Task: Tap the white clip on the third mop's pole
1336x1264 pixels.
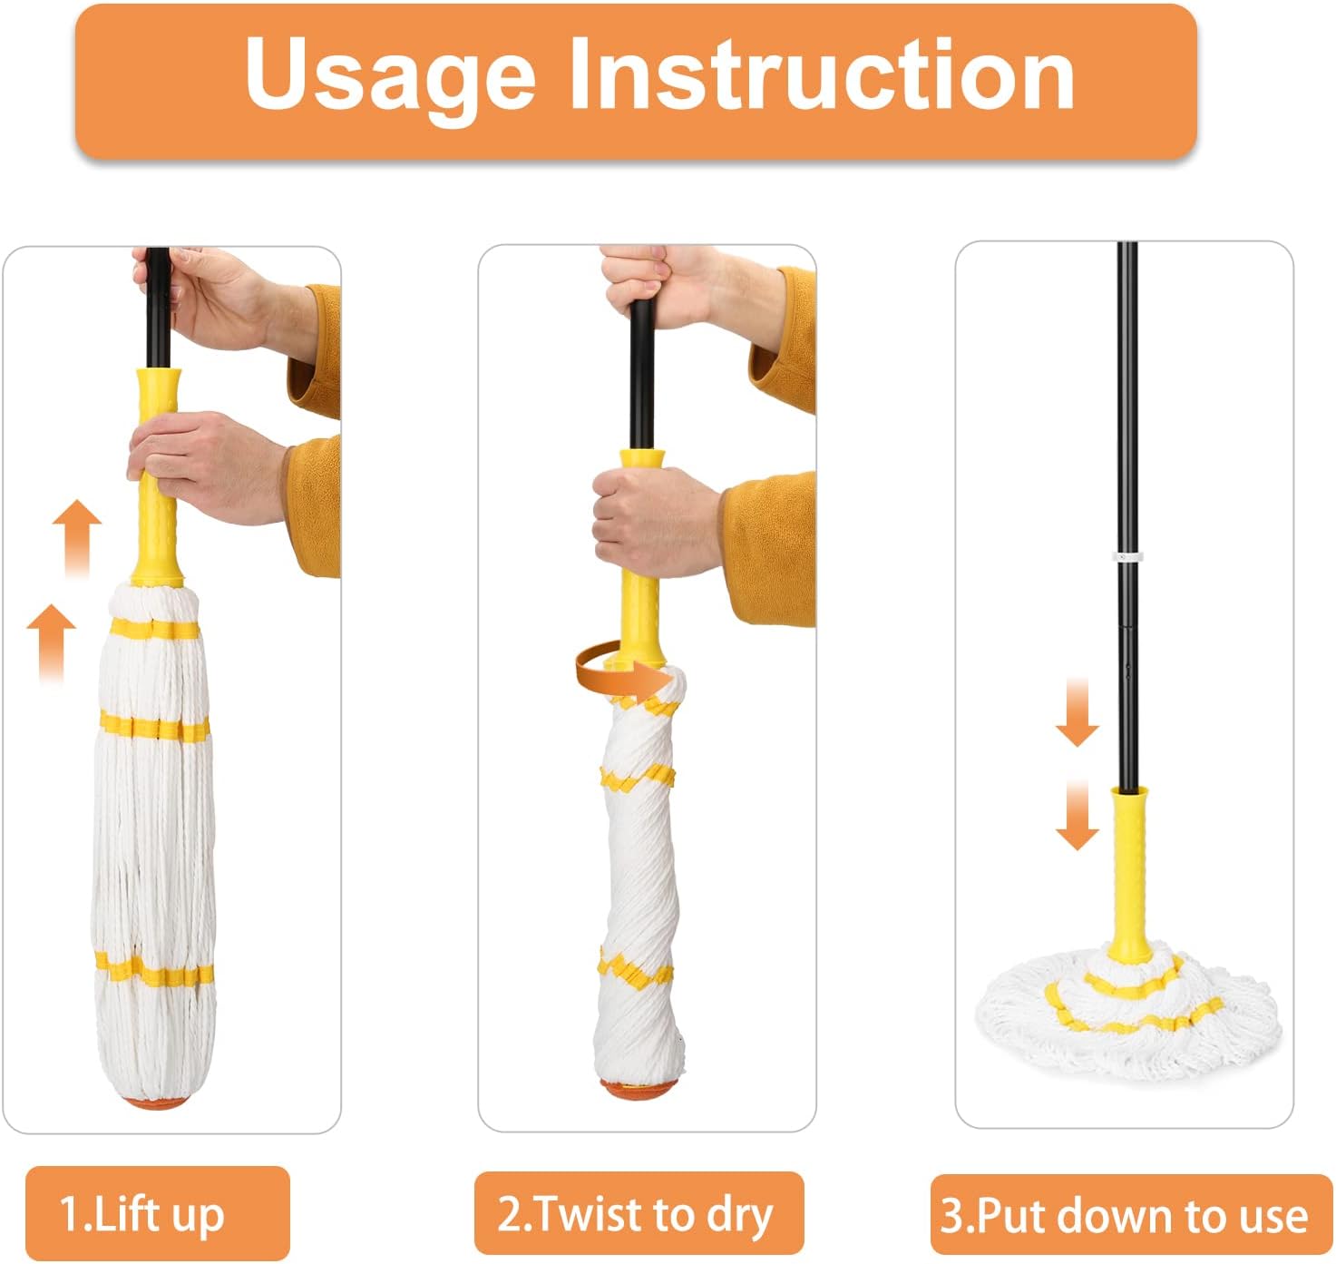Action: [1127, 557]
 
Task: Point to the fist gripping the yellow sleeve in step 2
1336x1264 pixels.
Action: [656, 520]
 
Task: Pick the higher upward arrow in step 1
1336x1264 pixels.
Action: [77, 538]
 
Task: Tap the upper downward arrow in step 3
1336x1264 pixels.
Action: [1078, 710]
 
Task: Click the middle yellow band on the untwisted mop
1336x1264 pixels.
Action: [155, 729]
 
